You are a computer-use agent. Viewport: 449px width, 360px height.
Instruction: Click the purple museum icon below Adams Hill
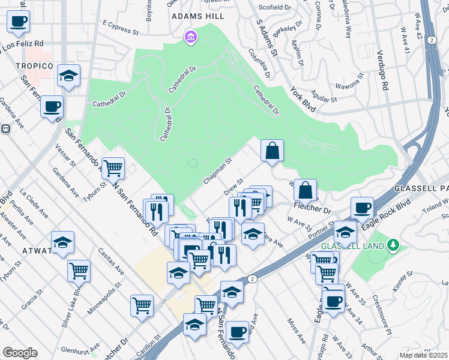point(191,38)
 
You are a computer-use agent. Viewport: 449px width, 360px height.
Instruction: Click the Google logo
point(20,353)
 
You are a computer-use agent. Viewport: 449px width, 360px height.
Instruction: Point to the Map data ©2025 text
point(423,355)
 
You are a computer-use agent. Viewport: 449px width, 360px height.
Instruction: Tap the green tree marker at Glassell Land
point(393,245)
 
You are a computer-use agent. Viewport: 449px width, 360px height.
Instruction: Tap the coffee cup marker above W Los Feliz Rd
point(18,22)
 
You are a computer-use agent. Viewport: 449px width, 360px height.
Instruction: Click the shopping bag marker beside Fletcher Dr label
point(306,190)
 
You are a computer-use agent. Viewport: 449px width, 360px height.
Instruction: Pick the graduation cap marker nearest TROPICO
point(69,76)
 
